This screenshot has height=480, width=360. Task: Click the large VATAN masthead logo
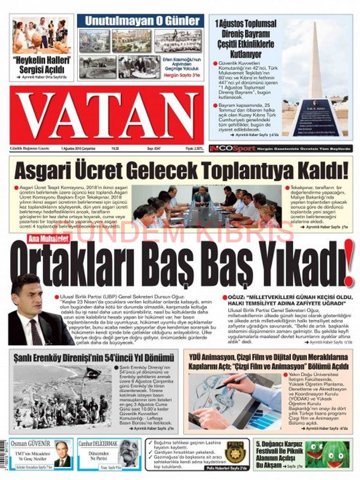coord(107,115)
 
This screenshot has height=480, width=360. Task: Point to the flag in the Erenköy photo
coord(93,373)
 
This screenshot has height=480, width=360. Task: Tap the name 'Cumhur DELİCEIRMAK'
coord(98,444)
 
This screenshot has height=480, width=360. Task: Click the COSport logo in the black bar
coord(232,149)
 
